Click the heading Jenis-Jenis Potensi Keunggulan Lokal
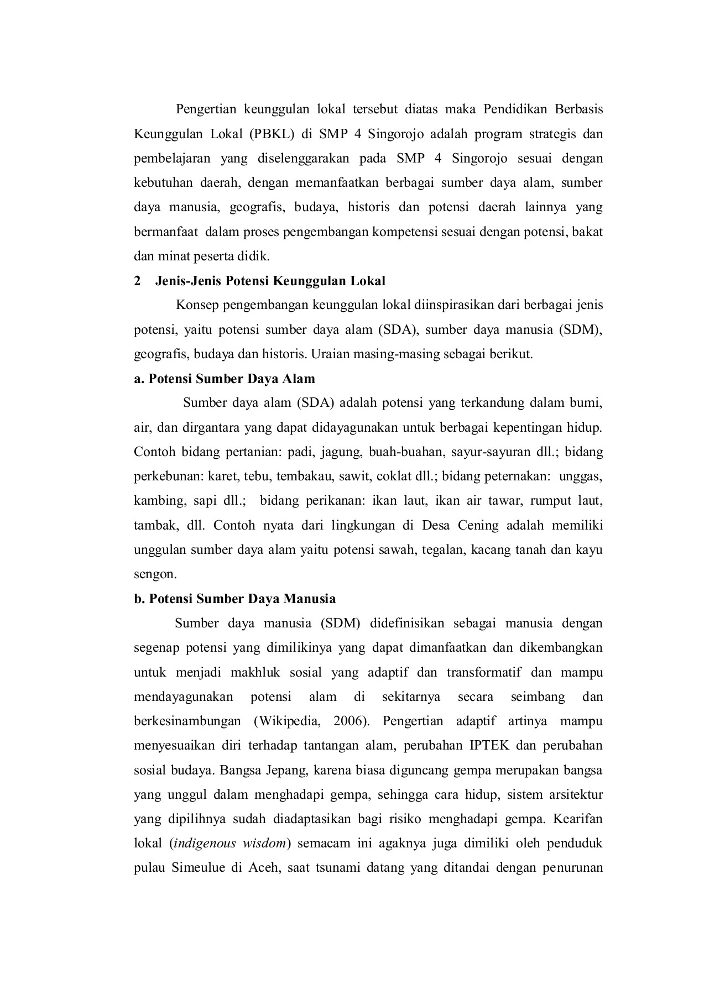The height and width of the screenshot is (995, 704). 270,281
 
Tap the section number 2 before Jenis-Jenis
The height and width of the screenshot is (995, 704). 137,281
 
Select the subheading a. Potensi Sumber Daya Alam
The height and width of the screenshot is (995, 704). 224,379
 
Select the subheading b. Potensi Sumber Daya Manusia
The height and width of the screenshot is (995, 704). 234,599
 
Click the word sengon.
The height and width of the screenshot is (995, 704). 155,574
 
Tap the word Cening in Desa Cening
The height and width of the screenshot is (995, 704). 478,525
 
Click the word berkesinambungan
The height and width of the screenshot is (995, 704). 187,721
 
